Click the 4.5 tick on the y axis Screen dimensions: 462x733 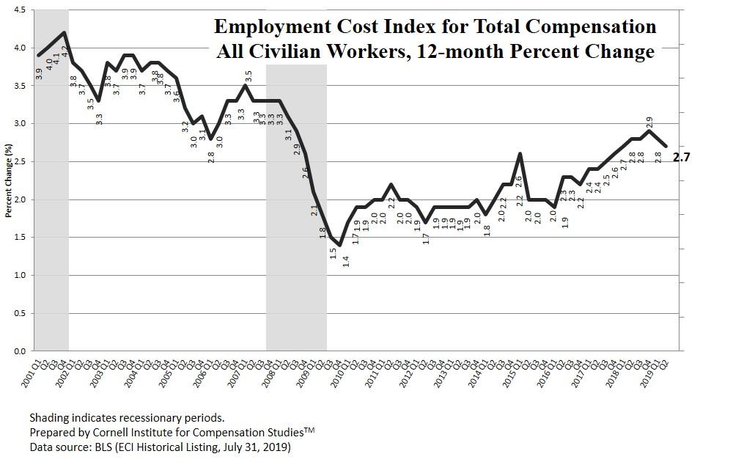(x=19, y=10)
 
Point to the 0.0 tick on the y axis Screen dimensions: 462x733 (x=19, y=351)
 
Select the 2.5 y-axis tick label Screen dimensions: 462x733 (x=19, y=161)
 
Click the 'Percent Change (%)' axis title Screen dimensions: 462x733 (x=9, y=180)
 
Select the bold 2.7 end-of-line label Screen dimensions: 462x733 (x=681, y=156)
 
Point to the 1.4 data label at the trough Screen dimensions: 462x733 (x=346, y=260)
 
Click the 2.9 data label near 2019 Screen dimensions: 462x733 (x=649, y=122)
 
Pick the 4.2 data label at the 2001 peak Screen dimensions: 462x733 (x=65, y=51)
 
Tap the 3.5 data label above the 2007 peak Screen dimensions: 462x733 (x=248, y=76)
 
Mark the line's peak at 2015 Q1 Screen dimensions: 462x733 (x=520, y=154)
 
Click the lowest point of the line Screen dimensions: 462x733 (x=340, y=244)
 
